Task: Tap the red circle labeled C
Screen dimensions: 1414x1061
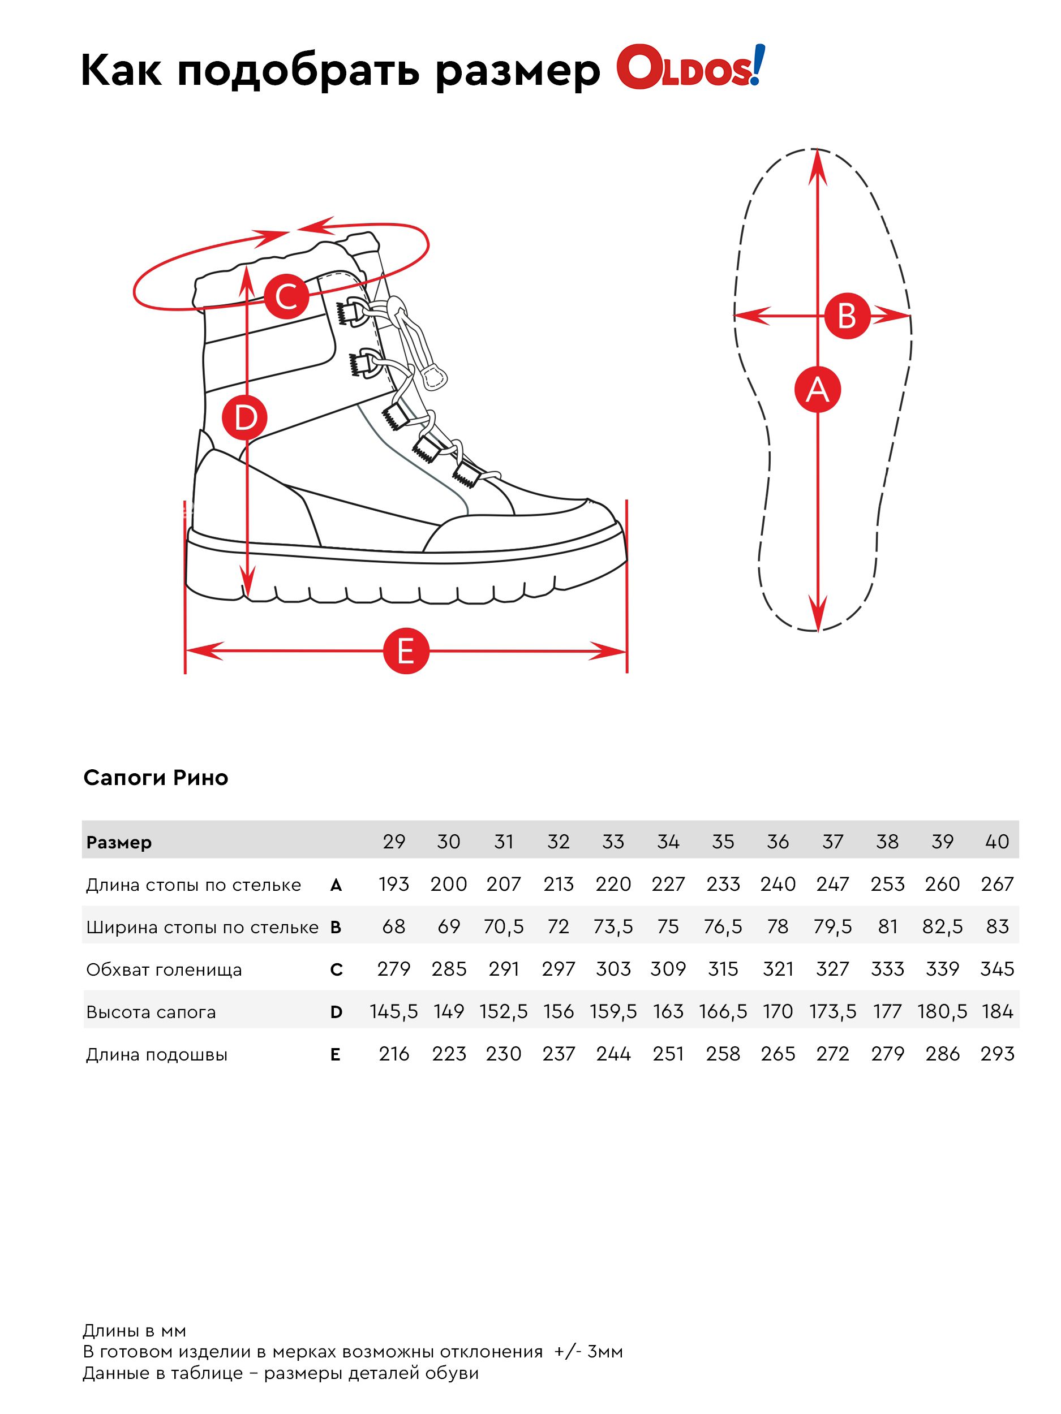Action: (286, 296)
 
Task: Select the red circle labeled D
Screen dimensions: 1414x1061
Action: (244, 417)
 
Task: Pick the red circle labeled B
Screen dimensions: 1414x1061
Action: (846, 315)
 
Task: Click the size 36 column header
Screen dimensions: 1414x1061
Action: (777, 841)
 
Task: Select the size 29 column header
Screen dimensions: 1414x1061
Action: (393, 841)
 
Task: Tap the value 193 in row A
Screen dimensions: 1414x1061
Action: (393, 884)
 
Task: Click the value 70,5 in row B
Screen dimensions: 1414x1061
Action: (503, 926)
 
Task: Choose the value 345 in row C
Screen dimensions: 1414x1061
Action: (996, 968)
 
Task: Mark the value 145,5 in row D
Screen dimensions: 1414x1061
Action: (393, 1011)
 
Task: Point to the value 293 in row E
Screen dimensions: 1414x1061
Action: (996, 1054)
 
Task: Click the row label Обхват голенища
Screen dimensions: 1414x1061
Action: (164, 970)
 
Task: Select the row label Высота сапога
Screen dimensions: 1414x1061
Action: (151, 1012)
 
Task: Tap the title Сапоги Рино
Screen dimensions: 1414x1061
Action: (156, 777)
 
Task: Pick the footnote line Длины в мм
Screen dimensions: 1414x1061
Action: (134, 1331)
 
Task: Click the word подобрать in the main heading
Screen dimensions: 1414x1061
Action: (299, 70)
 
